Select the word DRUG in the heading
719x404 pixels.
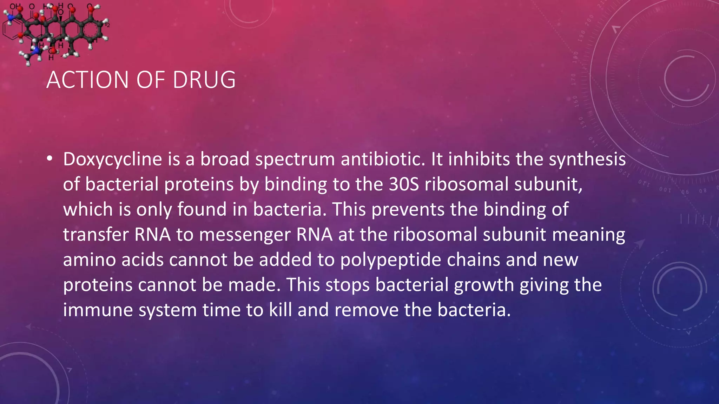[x=204, y=80]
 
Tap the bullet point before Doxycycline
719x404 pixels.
[x=50, y=159]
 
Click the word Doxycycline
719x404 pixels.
[x=112, y=160]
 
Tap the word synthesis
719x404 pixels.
[x=587, y=160]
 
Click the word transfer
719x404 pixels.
[x=96, y=235]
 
